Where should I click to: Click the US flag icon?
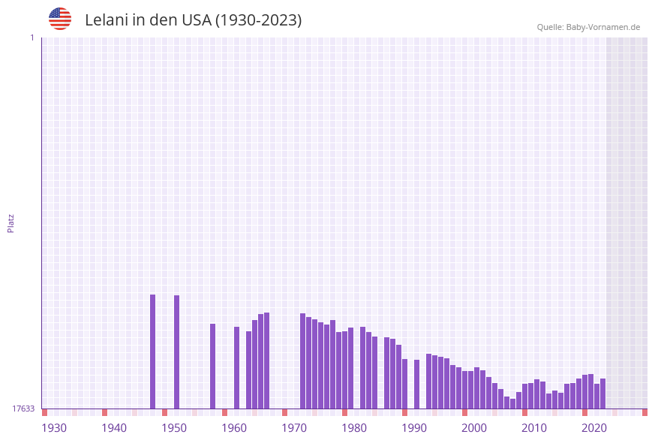(60, 19)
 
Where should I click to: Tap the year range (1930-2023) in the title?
(258, 20)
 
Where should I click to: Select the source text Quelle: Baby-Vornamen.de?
(588, 27)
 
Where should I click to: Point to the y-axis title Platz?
(11, 223)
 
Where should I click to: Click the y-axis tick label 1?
(32, 37)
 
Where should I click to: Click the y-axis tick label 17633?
(23, 409)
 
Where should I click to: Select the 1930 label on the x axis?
(54, 428)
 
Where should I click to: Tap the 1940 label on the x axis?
(114, 428)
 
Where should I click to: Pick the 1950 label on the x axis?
(174, 428)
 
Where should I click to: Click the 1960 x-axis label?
(234, 428)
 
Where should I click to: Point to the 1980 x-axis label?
(354, 428)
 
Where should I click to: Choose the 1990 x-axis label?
(414, 428)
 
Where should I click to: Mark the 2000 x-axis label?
(474, 428)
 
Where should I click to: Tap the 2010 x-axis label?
(534, 428)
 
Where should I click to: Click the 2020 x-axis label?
(594, 428)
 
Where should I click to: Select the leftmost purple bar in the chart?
(152, 352)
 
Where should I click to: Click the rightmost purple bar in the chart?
(602, 394)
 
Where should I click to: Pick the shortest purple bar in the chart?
(512, 403)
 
